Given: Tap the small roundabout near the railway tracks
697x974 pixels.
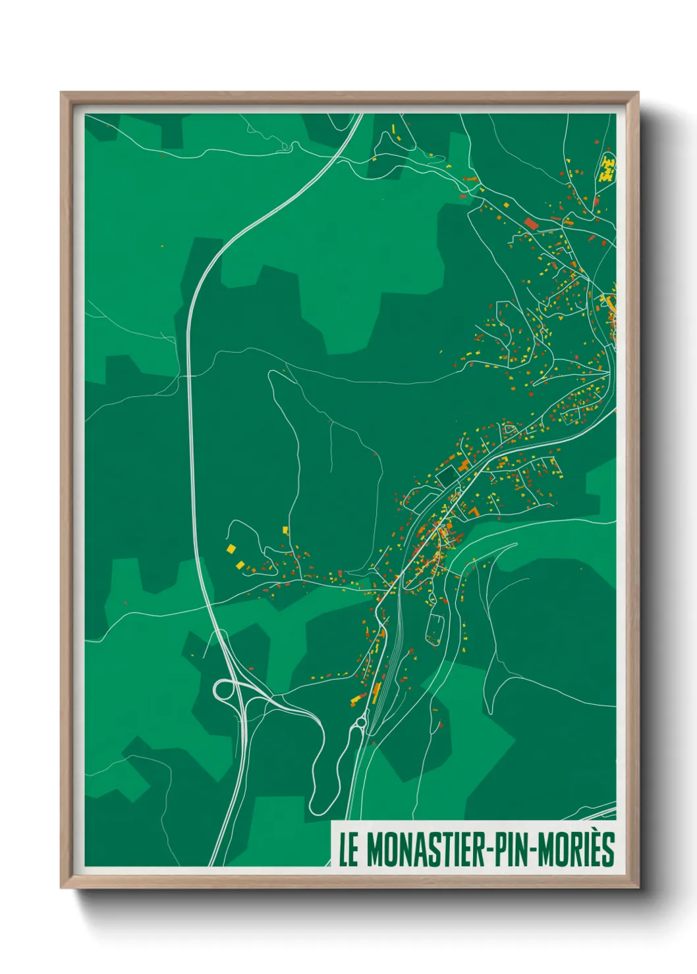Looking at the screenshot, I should click(x=360, y=723).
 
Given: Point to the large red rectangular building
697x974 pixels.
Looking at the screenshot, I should click(x=531, y=224).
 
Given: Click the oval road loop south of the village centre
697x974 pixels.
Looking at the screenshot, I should click(x=434, y=628).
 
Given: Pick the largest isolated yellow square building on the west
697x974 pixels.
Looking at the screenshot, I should click(x=231, y=548).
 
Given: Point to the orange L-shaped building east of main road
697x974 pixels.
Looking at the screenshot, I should click(x=474, y=511).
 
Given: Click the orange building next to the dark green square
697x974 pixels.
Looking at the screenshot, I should click(x=464, y=466).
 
